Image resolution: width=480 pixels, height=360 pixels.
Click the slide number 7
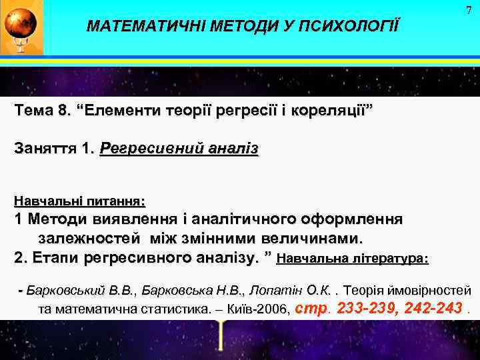[469, 11]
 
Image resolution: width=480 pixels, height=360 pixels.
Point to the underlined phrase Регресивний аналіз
[179, 149]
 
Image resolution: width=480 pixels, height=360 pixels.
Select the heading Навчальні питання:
[80, 200]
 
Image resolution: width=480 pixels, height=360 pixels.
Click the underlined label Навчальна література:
[353, 258]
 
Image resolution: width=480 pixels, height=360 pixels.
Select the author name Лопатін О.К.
[291, 291]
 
